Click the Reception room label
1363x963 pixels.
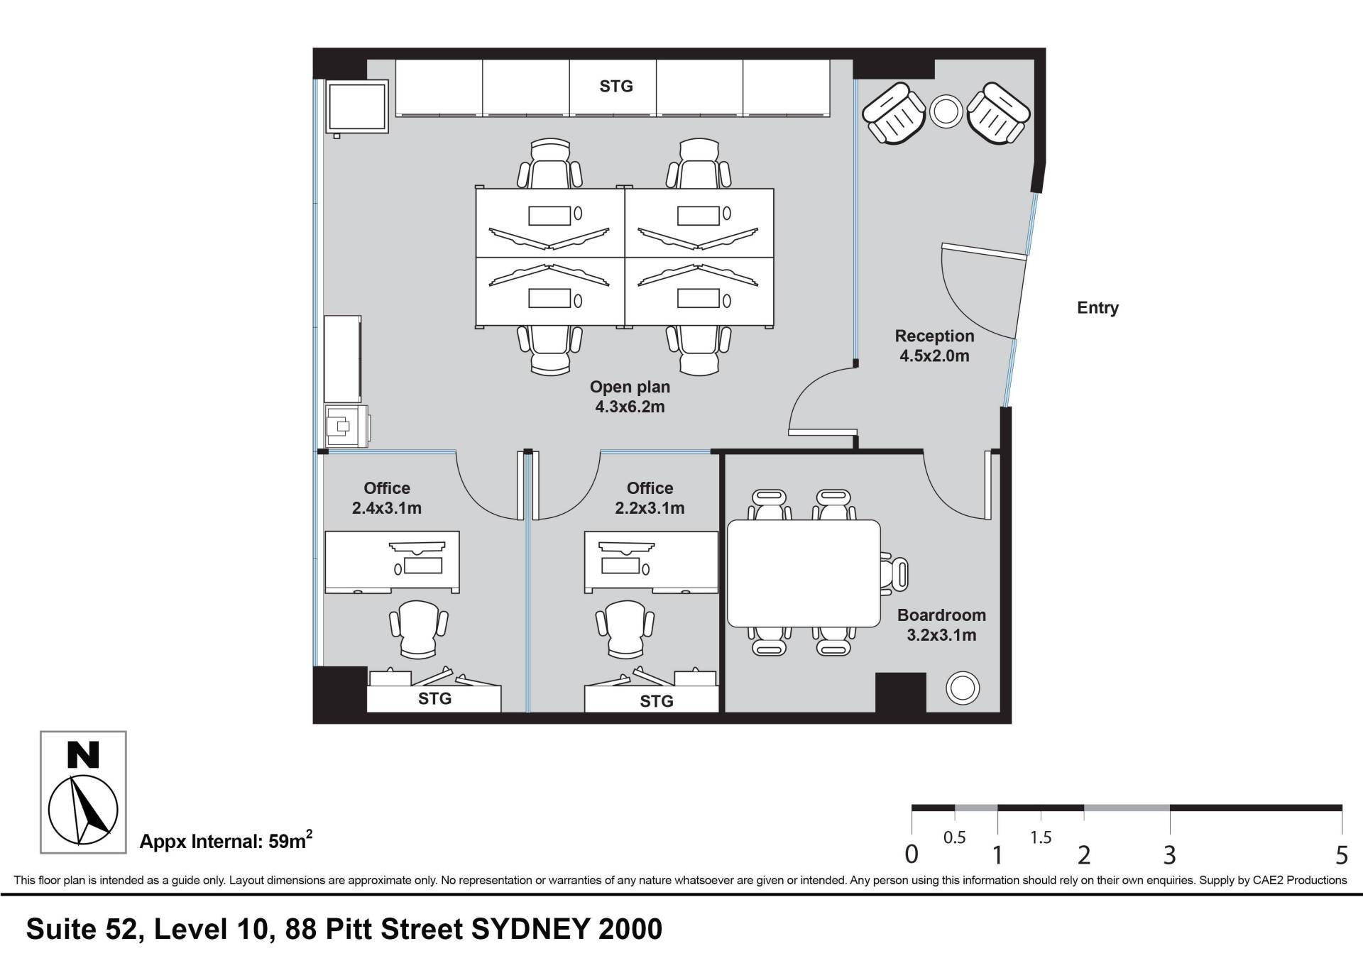point(934,336)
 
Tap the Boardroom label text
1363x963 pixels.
point(941,615)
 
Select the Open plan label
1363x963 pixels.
point(630,387)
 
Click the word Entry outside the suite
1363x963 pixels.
point(1097,307)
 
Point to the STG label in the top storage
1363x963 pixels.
point(616,86)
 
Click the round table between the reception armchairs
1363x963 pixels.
point(946,111)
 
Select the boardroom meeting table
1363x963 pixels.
point(804,573)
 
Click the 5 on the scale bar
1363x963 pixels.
point(1341,855)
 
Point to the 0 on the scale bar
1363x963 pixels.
point(912,854)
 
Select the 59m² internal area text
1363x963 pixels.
point(290,841)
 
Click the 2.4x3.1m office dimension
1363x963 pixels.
point(387,508)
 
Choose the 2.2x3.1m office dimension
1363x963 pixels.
point(650,508)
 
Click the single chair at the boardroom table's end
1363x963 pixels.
point(895,573)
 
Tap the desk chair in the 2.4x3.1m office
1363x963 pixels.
point(419,629)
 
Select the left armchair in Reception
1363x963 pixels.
point(894,114)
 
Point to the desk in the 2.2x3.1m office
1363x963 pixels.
point(651,562)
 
